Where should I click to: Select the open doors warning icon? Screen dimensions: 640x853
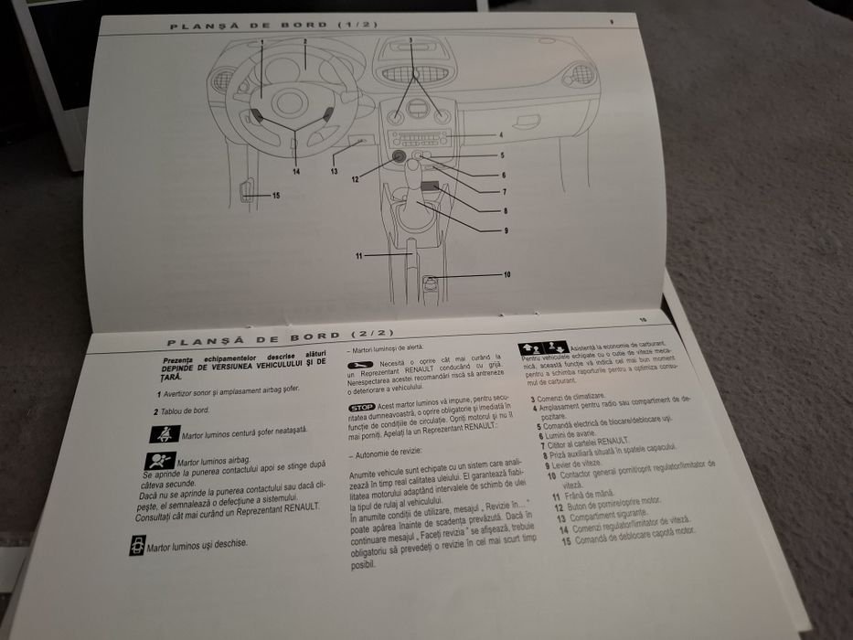(137, 547)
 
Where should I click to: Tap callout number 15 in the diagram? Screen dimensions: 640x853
(275, 196)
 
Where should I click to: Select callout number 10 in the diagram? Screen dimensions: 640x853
(506, 274)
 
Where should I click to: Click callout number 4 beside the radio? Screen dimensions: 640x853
(501, 135)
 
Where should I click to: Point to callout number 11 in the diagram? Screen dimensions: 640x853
(360, 255)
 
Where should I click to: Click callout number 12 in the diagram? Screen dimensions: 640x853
(355, 179)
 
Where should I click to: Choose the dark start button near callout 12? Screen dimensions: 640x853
(400, 156)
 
